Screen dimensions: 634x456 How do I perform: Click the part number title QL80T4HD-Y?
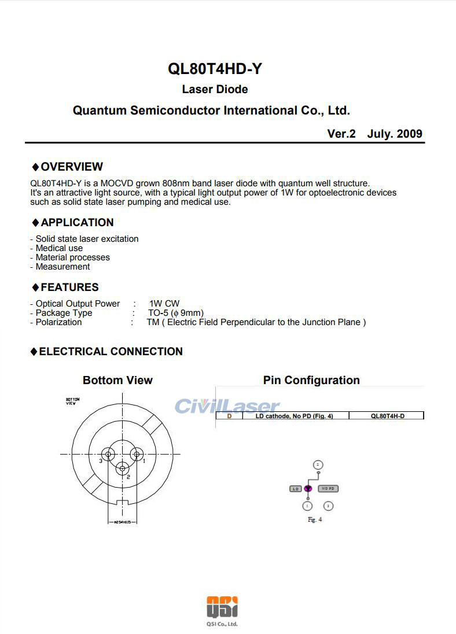[215, 69]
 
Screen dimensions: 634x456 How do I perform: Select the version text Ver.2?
[341, 134]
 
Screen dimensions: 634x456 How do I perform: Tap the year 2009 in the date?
[410, 134]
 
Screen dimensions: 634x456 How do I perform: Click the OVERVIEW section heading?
[71, 167]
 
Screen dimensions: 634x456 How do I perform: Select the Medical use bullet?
[58, 248]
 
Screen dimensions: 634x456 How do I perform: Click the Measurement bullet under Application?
[62, 267]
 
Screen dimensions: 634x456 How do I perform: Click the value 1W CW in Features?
[164, 304]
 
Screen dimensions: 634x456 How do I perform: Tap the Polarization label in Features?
[58, 322]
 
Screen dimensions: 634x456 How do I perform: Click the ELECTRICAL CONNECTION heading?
[111, 352]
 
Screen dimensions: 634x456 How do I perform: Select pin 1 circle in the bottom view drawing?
[137, 454]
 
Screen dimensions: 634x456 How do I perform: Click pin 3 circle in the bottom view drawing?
[108, 454]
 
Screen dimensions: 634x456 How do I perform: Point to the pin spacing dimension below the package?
[122, 522]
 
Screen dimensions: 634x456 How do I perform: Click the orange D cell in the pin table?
[230, 416]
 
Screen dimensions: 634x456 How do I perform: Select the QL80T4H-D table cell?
[387, 416]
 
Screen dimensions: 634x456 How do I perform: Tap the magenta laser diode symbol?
[308, 489]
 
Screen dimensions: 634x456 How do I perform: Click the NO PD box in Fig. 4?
[328, 489]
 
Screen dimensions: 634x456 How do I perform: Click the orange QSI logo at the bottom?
[222, 607]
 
